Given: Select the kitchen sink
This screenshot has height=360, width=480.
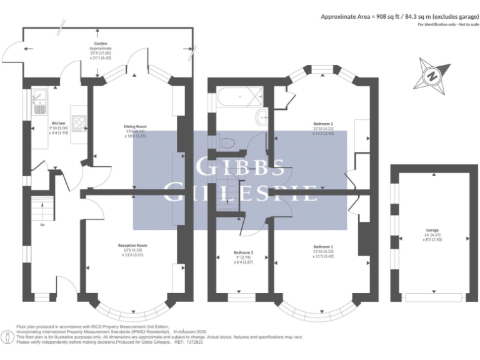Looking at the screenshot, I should click(39, 100).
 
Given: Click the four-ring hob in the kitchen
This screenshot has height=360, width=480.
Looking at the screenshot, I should click(79, 124).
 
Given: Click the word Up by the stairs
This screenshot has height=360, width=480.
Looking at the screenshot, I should click(42, 224).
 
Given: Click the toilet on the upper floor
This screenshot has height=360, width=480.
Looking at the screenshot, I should click(226, 143).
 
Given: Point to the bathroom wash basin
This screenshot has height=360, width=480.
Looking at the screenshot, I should click(262, 117).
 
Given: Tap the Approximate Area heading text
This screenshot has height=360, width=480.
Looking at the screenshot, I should click(397, 17).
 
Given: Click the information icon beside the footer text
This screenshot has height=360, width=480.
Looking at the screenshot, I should click(7, 337).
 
